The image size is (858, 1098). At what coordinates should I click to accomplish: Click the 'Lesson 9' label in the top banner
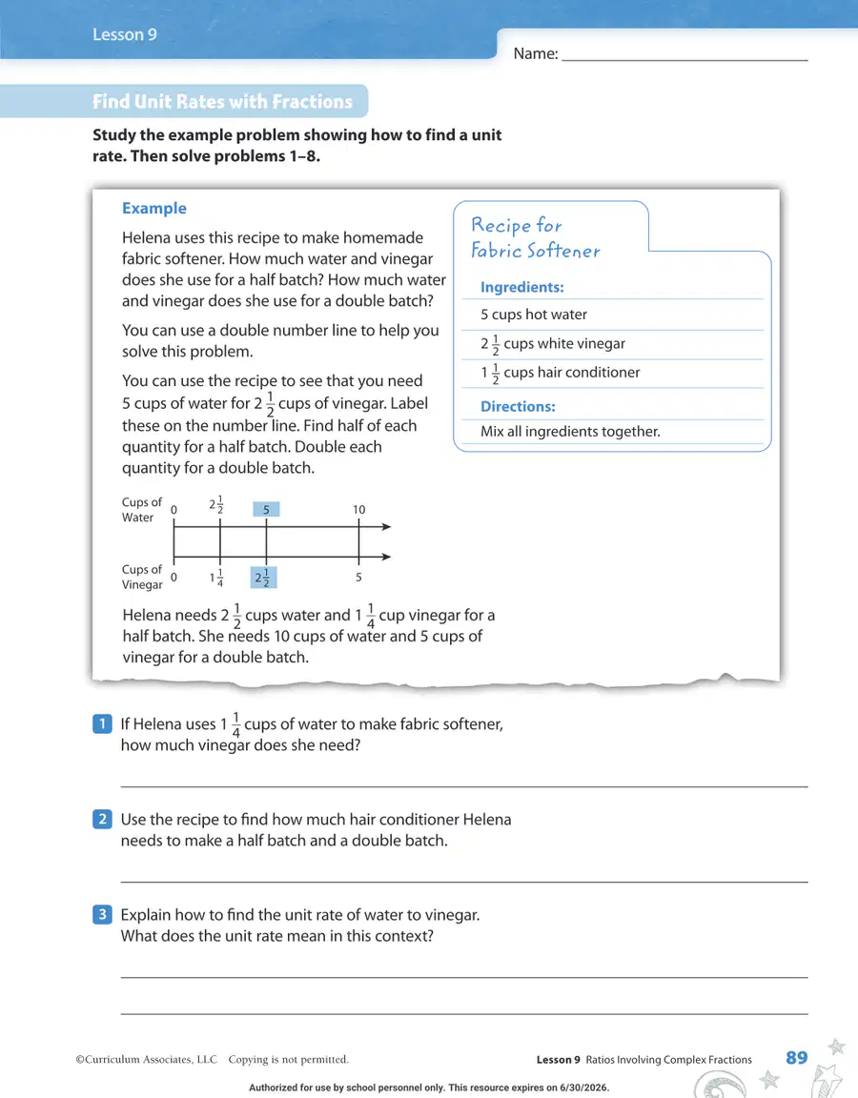[x=125, y=34]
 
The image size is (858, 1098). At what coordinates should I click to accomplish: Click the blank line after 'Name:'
[x=684, y=61]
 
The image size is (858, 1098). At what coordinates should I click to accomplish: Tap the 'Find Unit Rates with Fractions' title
[x=223, y=102]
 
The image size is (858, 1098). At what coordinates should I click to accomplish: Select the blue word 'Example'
[x=154, y=208]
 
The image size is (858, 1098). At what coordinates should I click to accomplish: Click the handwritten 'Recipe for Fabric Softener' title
[x=536, y=237]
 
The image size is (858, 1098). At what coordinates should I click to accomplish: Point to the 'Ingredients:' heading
[x=521, y=287]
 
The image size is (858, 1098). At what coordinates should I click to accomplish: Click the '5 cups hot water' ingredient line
[x=534, y=315]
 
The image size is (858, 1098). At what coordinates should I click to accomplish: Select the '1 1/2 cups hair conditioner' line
[x=561, y=373]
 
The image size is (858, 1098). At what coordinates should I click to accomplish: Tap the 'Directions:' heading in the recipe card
[x=518, y=406]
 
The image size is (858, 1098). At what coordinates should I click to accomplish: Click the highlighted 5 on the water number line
[x=266, y=510]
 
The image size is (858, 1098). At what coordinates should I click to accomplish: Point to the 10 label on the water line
[x=358, y=510]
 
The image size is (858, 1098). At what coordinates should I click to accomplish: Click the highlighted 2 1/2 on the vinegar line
[x=263, y=578]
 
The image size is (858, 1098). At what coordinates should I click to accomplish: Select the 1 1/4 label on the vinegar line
[x=216, y=578]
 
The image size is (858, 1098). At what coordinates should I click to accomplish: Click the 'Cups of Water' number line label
[x=141, y=510]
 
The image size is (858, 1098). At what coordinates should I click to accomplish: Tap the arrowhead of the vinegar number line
[x=386, y=557]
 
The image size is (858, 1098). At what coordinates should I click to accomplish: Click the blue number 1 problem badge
[x=102, y=723]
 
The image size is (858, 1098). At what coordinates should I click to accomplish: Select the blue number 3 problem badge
[x=102, y=914]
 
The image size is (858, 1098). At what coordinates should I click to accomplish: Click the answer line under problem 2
[x=464, y=882]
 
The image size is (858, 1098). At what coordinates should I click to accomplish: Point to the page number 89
[x=796, y=1057]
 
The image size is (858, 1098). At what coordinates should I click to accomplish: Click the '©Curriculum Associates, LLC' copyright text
[x=147, y=1060]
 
